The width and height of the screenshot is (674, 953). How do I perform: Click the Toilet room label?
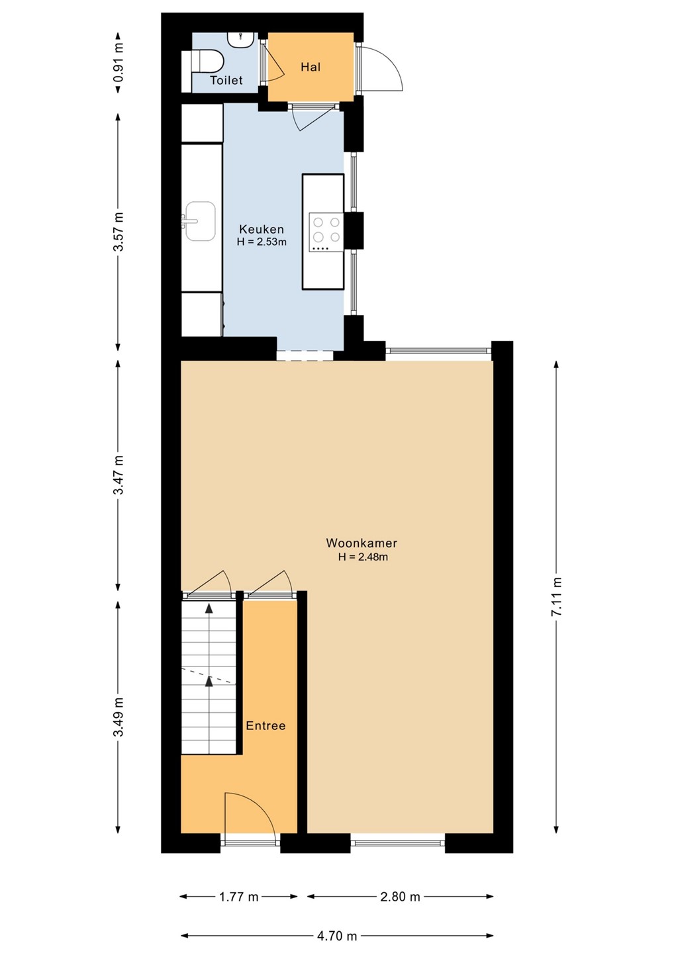[226, 80]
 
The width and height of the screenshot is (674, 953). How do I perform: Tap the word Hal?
[311, 67]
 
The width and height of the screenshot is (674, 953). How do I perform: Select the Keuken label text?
[262, 229]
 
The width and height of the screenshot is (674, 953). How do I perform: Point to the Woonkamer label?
[361, 543]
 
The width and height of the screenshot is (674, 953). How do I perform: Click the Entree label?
[265, 725]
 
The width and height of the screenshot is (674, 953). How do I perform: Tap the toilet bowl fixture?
[203, 62]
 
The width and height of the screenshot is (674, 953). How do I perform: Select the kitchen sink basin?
[200, 221]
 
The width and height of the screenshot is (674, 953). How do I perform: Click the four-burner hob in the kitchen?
[326, 232]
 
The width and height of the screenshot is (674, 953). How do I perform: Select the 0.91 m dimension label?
[119, 62]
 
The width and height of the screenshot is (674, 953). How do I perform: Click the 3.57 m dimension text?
[119, 232]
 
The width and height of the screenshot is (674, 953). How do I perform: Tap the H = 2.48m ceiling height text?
[363, 557]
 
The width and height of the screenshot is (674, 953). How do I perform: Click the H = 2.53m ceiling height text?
[262, 242]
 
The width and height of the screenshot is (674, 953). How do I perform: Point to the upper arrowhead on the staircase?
[209, 608]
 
